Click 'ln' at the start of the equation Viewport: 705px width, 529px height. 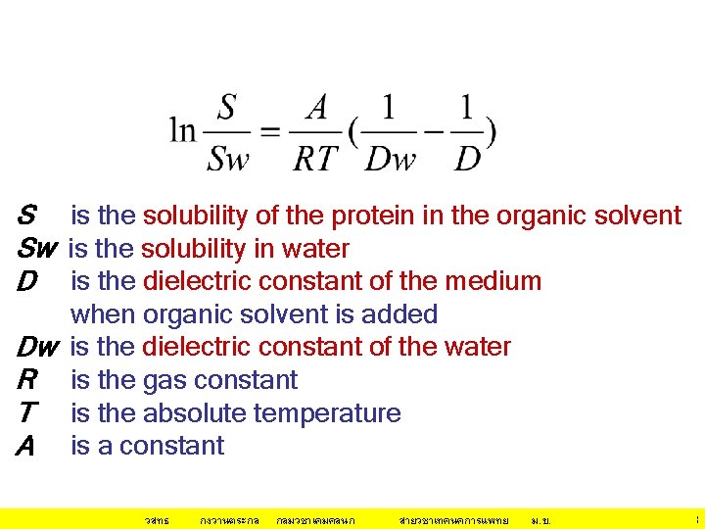coord(183,131)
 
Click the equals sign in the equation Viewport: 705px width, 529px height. coord(273,131)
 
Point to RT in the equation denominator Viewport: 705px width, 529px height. coord(314,158)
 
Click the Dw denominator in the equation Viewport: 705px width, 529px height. coord(391,158)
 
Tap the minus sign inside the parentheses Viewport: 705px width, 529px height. coord(433,131)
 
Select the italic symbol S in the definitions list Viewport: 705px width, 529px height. coord(27,216)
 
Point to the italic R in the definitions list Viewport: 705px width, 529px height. coord(26,380)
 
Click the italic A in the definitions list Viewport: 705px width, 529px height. coord(26,447)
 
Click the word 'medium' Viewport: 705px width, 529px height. coord(493,281)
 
